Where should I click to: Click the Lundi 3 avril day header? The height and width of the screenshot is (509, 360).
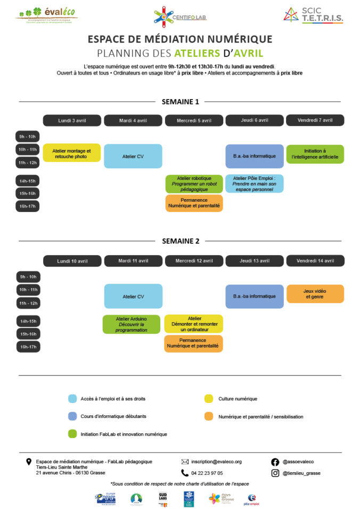pyautogui.click(x=72, y=120)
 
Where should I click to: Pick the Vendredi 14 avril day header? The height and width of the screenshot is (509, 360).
pyautogui.click(x=315, y=261)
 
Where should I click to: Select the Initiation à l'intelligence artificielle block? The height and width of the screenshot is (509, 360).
pyautogui.click(x=315, y=154)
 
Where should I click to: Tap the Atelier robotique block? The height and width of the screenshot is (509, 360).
pyautogui.click(x=193, y=184)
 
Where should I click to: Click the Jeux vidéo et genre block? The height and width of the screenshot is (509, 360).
pyautogui.click(x=315, y=293)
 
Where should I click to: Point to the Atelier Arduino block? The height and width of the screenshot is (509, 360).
pyautogui.click(x=131, y=324)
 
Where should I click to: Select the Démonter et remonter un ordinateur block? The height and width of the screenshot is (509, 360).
pyautogui.click(x=193, y=323)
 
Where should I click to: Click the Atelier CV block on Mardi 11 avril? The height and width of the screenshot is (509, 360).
pyautogui.click(x=133, y=297)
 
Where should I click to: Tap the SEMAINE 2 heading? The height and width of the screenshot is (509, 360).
pyautogui.click(x=181, y=241)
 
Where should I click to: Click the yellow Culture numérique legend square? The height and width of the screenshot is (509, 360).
pyautogui.click(x=209, y=398)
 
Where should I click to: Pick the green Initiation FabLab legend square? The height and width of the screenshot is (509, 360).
pyautogui.click(x=72, y=434)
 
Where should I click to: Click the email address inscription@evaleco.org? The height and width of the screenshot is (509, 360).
pyautogui.click(x=216, y=462)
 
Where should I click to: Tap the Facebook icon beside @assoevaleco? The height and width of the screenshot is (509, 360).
pyautogui.click(x=275, y=462)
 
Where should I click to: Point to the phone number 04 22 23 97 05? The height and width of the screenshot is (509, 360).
pyautogui.click(x=207, y=473)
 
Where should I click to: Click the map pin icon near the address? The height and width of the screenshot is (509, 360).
pyautogui.click(x=29, y=462)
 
